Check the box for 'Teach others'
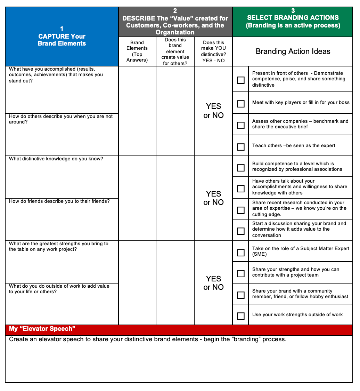[241, 147]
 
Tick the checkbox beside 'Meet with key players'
[241, 104]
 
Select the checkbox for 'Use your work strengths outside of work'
[241, 316]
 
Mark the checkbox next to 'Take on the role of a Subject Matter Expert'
[241, 253]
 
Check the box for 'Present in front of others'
[241, 80]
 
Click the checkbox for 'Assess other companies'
[241, 125]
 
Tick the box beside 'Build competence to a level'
[241, 168]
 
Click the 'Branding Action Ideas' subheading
[293, 51]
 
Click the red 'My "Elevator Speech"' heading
[42, 329]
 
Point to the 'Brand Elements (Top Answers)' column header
[137, 51]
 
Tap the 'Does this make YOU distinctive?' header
[213, 51]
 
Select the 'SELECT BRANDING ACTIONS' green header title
[293, 17]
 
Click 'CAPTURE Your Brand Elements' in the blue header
[62, 40]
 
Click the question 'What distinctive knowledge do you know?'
[56, 159]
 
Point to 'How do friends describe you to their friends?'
[59, 201]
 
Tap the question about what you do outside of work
[59, 289]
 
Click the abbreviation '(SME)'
[259, 254]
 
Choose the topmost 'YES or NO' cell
[213, 111]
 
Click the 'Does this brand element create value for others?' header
[175, 51]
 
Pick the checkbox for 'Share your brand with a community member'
[241, 295]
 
